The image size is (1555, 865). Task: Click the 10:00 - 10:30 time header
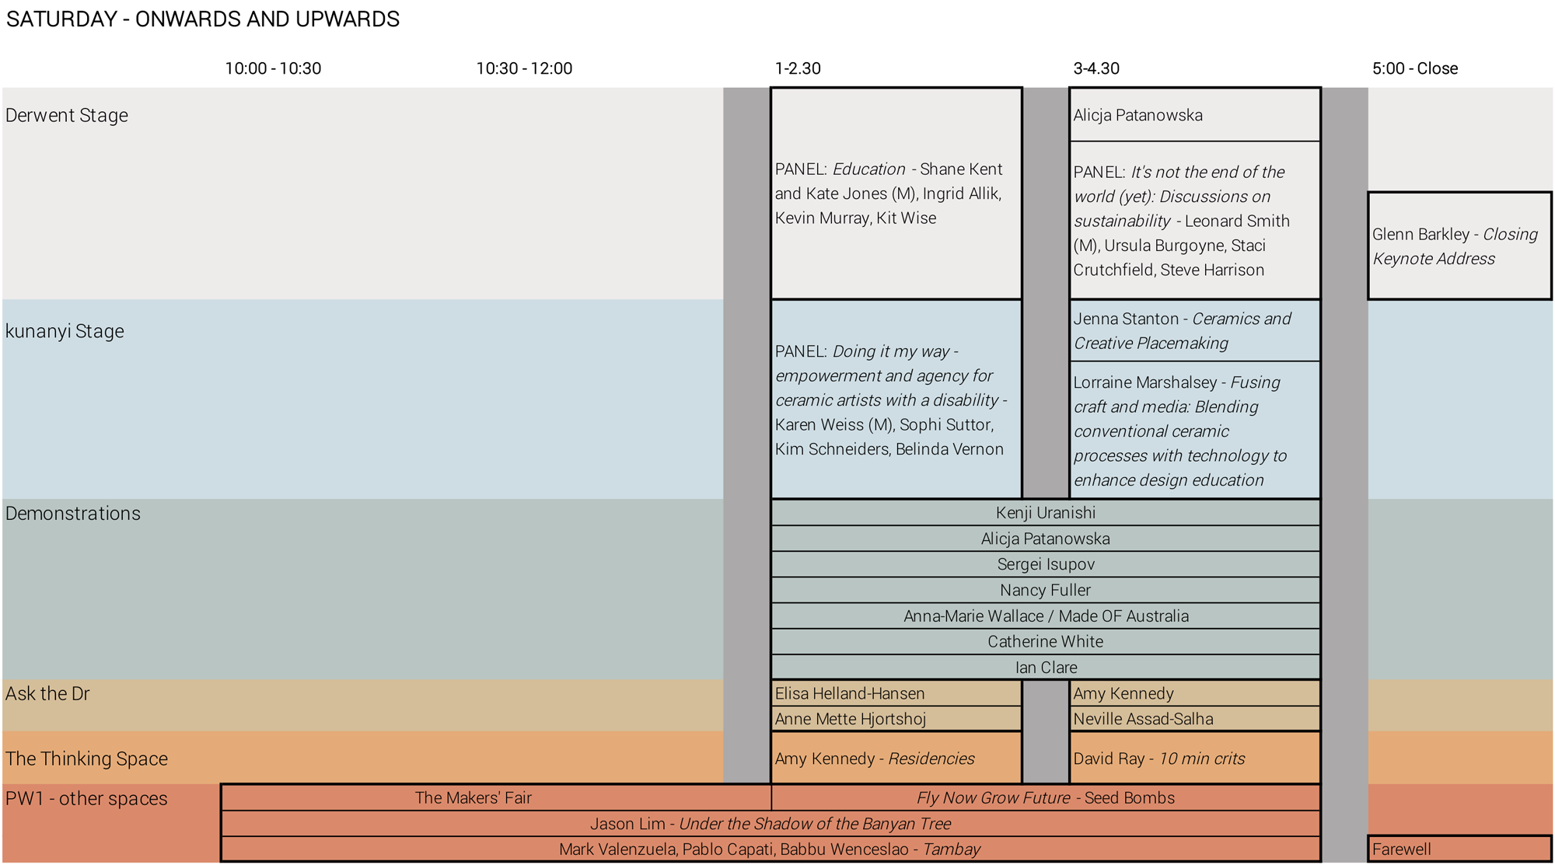coord(273,68)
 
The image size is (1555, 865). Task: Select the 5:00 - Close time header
coord(1414,68)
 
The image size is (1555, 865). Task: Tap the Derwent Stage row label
coord(67,115)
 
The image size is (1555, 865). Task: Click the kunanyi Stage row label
coord(65,331)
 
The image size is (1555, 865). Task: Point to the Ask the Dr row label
coord(47,693)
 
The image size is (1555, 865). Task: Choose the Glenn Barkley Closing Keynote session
coord(1459,246)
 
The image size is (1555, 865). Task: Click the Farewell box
coord(1459,849)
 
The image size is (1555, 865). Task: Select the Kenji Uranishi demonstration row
coord(1045,513)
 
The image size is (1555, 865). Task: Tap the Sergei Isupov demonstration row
coord(1045,564)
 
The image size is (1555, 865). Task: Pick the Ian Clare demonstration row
coord(1045,668)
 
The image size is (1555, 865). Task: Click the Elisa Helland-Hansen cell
coord(896,693)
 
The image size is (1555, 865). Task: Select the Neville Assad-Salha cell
coord(1194,719)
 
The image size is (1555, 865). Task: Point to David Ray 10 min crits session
coord(1194,759)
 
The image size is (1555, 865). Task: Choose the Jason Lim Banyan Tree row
coord(770,824)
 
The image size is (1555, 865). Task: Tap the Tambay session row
coord(770,849)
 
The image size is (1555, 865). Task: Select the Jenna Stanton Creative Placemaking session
coord(1194,331)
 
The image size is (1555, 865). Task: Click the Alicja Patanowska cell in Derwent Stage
coord(1194,115)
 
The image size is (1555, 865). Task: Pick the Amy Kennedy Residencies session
coord(896,759)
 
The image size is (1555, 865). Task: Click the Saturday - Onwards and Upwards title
coord(203,19)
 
